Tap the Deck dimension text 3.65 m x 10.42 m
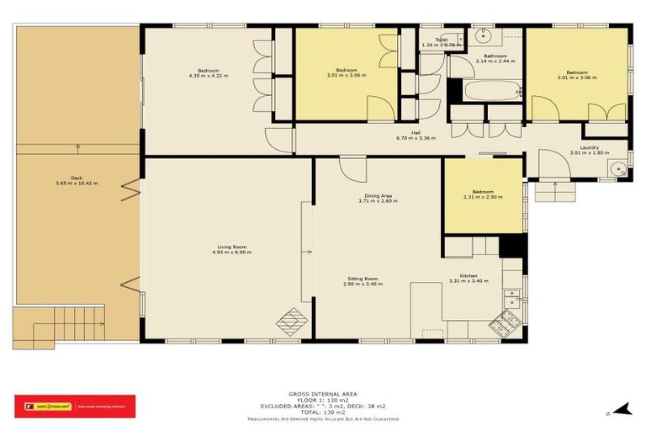pyautogui.click(x=77, y=183)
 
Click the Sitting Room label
pyautogui.click(x=363, y=278)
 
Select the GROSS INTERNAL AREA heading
pyautogui.click(x=322, y=393)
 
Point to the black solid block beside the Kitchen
pyautogui.click(x=511, y=245)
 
